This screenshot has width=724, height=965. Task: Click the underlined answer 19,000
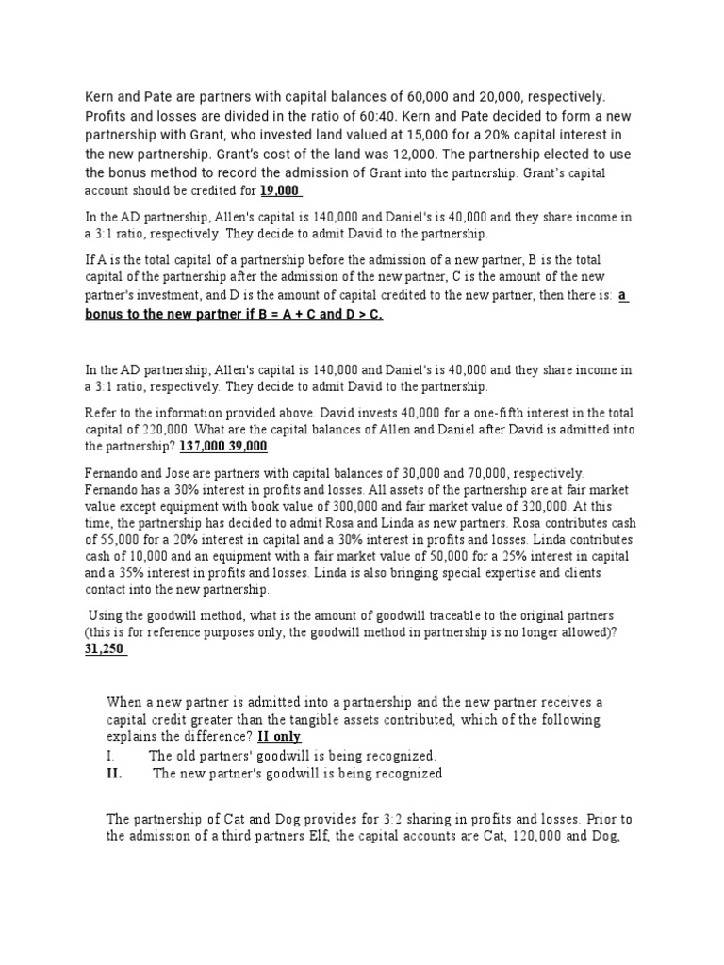[279, 190]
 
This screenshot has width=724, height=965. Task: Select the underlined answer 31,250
[105, 649]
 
